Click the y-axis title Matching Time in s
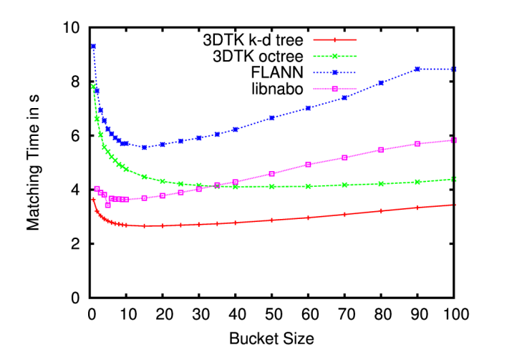34,163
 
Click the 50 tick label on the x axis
272,313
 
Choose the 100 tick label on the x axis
453,313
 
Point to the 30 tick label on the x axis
199,313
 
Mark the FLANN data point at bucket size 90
417,69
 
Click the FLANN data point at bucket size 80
381,83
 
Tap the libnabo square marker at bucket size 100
454,140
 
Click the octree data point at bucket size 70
345,185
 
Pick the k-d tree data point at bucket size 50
272,220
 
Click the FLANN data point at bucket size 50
272,118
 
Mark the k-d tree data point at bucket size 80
381,211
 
